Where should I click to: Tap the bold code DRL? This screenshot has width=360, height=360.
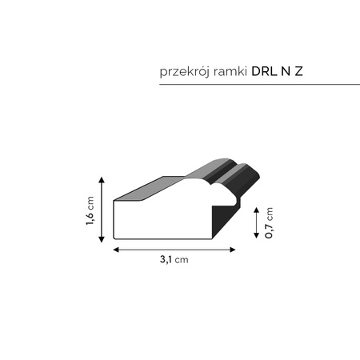pos(266,71)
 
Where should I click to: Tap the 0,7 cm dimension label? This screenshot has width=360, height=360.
pos(270,223)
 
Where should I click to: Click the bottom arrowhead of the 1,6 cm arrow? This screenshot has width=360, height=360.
pos(102,241)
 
